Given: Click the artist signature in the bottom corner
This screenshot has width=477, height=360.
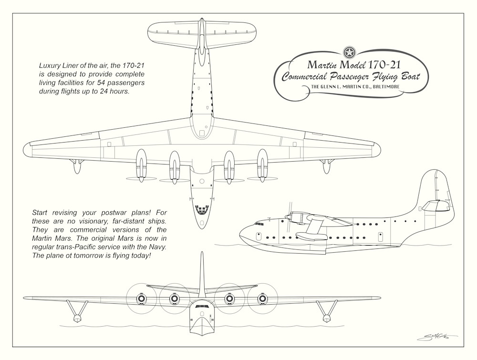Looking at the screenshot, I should [x=436, y=338].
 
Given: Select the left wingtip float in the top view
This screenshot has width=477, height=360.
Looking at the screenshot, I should [x=75, y=165].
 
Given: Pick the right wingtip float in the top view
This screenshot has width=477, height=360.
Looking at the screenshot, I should [x=327, y=165].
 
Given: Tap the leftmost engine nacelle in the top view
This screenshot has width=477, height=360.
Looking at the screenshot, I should [x=142, y=162].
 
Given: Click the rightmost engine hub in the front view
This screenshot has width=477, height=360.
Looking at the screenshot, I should [x=262, y=299].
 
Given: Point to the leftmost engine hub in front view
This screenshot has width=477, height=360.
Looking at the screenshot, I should [x=141, y=299].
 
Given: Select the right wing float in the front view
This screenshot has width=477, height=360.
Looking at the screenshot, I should [x=327, y=317].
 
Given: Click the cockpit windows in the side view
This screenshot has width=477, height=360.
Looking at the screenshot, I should [x=261, y=223].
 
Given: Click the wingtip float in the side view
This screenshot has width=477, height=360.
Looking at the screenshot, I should [x=310, y=235].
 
